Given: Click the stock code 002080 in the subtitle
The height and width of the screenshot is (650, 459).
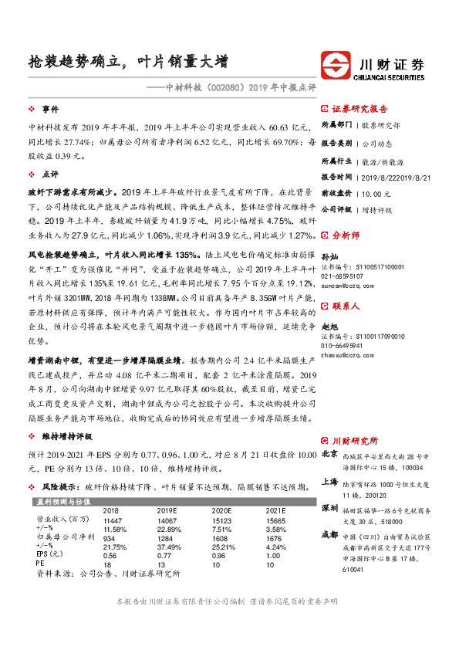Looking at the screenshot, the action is [230, 87].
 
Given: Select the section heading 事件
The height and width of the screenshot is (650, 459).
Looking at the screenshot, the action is [50, 109].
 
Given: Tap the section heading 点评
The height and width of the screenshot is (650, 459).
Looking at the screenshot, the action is [50, 174].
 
